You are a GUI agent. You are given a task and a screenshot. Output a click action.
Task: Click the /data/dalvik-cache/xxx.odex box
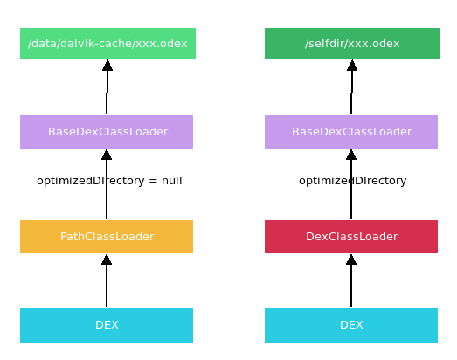point(107,44)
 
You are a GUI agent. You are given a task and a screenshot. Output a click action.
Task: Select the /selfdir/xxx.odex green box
point(352,44)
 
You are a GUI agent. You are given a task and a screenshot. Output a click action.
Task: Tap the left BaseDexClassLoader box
point(107,132)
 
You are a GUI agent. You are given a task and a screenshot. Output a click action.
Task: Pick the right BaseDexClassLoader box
point(351,132)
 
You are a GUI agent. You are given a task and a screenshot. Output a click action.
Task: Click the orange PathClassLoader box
point(107,237)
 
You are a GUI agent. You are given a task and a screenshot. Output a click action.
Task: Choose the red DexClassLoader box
point(351,237)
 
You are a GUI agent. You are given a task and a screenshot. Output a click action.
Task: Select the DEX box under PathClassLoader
point(107,325)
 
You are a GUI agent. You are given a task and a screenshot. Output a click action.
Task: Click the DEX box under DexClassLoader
point(351,325)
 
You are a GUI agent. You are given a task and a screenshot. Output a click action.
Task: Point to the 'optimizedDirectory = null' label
point(109,181)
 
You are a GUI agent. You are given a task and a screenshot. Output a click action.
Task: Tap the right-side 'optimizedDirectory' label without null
point(352,181)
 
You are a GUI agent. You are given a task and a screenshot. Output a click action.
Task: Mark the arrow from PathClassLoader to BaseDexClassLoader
point(107,201)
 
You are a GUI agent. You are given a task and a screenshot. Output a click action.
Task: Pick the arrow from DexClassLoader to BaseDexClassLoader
point(351,201)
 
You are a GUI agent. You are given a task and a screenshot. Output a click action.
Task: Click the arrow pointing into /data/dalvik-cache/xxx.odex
point(107,87)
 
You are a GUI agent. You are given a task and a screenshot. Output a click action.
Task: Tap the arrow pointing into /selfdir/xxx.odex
point(352,87)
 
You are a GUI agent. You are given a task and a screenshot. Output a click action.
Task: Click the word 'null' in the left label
point(171,181)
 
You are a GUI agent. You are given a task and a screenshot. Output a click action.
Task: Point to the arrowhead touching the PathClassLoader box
point(107,260)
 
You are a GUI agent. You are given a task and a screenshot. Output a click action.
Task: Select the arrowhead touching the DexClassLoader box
point(351,260)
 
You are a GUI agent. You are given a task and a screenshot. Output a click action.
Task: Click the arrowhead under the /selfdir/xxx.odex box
point(352,66)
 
